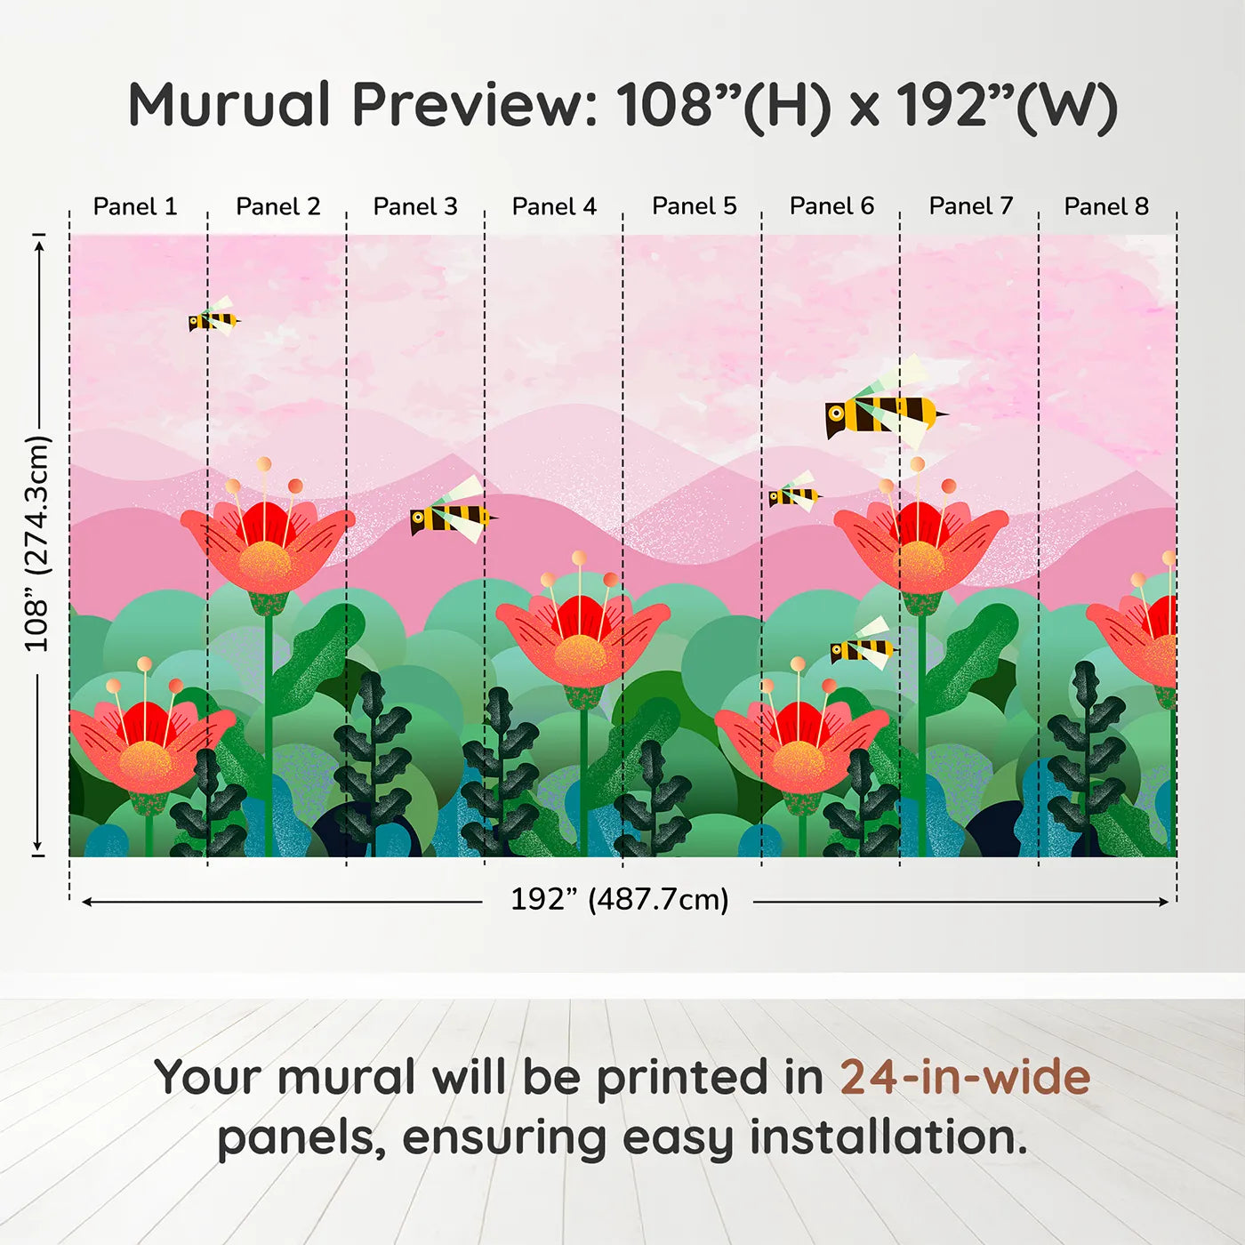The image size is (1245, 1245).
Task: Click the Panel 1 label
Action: pos(135,206)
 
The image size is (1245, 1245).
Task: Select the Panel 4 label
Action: pos(554,206)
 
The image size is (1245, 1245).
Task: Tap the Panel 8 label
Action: pos(1106,206)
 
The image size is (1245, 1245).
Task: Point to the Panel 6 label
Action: pos(831,206)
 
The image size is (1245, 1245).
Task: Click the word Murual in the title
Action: pos(229,105)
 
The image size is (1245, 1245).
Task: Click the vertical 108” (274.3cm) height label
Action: pos(36,543)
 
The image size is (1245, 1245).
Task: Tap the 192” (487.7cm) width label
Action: pos(620,899)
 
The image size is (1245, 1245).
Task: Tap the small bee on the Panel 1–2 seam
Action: pos(213,317)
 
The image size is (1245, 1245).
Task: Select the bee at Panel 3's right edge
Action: pos(454,513)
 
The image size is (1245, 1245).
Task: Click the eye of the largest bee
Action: pos(837,412)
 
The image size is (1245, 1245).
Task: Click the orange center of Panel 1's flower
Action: pos(146,761)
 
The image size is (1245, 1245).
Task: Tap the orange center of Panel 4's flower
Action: pos(581,655)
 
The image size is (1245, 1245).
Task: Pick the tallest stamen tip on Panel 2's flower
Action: pos(263,464)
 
